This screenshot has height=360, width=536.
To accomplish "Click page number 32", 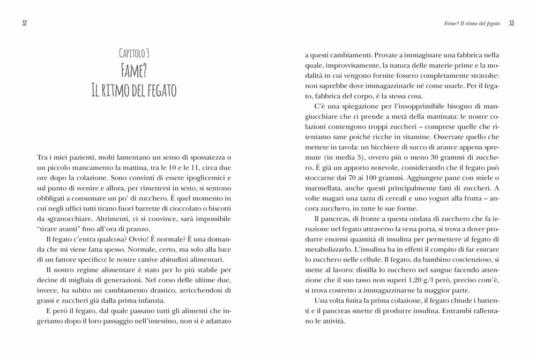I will point(25,23).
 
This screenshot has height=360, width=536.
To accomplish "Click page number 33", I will point(511,23).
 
